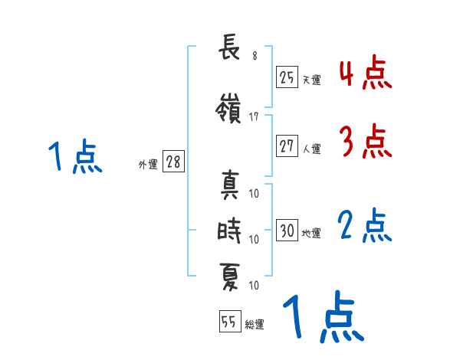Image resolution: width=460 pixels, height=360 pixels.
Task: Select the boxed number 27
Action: [287, 146]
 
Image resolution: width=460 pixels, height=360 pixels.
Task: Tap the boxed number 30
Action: [287, 231]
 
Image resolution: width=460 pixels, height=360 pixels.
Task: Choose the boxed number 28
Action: [173, 162]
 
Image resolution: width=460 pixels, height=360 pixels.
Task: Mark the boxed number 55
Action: [229, 322]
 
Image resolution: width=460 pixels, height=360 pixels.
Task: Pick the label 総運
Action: [255, 326]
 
